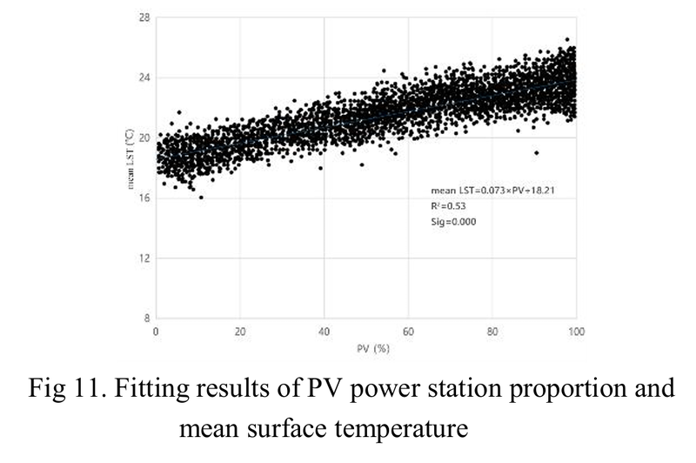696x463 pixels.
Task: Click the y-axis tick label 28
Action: click(x=144, y=17)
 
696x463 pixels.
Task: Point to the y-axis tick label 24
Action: click(x=144, y=77)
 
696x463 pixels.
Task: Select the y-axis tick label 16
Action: click(x=144, y=198)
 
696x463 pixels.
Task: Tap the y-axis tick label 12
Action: click(x=144, y=258)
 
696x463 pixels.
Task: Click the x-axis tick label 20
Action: click(x=240, y=331)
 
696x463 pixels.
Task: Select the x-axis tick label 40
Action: click(x=324, y=331)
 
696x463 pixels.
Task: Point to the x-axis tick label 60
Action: click(x=408, y=331)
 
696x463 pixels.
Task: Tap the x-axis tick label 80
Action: click(x=492, y=331)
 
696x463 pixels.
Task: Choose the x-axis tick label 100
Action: click(x=574, y=331)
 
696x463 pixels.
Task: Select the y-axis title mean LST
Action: click(x=130, y=160)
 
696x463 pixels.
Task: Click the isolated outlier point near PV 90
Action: click(x=537, y=152)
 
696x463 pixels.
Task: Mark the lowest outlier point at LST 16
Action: click(x=201, y=198)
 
